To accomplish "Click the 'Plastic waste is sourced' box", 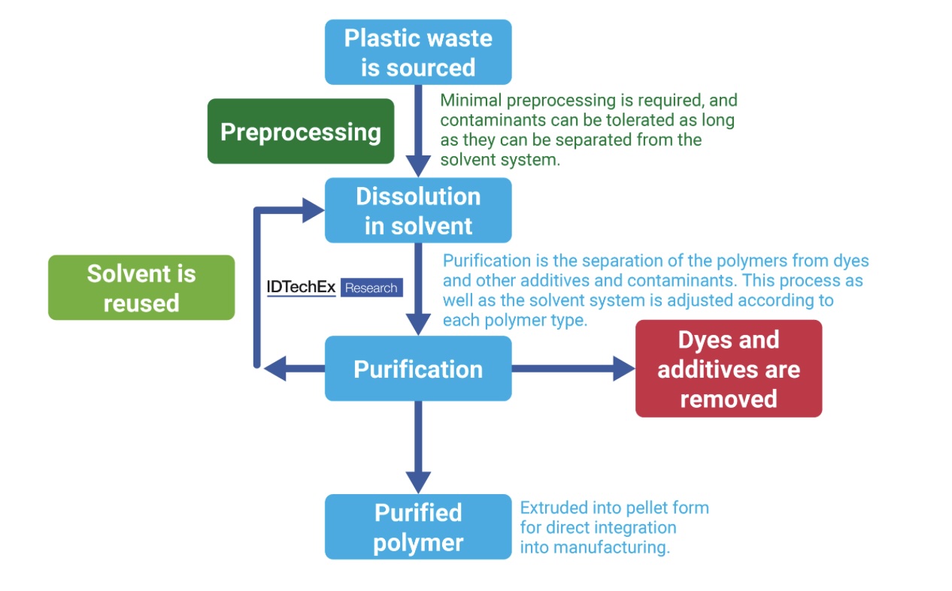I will pyautogui.click(x=418, y=52).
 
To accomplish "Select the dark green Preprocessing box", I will pyautogui.click(x=301, y=131).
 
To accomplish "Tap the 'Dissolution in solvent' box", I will pyautogui.click(x=418, y=210).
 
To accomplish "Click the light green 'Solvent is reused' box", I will pyautogui.click(x=141, y=288).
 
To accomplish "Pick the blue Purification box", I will pyautogui.click(x=418, y=369).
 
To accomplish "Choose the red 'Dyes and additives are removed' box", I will pyautogui.click(x=728, y=369).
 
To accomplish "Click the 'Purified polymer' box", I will pyautogui.click(x=418, y=527).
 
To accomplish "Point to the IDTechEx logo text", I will pyautogui.click(x=302, y=287).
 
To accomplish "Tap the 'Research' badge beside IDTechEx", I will pyautogui.click(x=371, y=288).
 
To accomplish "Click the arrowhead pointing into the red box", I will pyautogui.click(x=624, y=369).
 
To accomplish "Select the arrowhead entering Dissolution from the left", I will pyautogui.click(x=313, y=210).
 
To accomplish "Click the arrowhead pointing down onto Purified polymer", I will pyautogui.click(x=418, y=481).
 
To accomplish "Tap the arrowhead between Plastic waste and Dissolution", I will pyautogui.click(x=418, y=165).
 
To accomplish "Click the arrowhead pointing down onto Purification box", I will pyautogui.click(x=418, y=324).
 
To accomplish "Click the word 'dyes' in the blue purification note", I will pyautogui.click(x=851, y=261).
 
